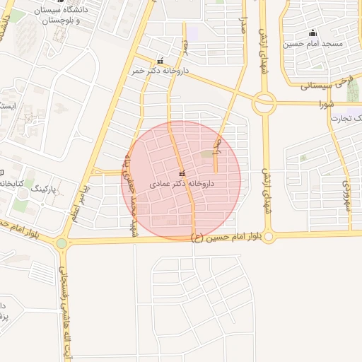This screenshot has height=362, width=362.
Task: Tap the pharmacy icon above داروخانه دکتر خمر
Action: [x=160, y=61]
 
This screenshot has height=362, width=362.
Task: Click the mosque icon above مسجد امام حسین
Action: [x=313, y=33]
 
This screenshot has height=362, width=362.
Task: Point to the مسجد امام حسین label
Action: [x=313, y=44]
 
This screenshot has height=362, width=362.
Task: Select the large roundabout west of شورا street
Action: [x=264, y=103]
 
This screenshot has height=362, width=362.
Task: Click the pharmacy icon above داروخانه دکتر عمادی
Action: [x=182, y=173]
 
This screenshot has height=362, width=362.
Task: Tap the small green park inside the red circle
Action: [x=206, y=154]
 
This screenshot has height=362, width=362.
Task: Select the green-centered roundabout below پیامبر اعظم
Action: [x=62, y=243]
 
